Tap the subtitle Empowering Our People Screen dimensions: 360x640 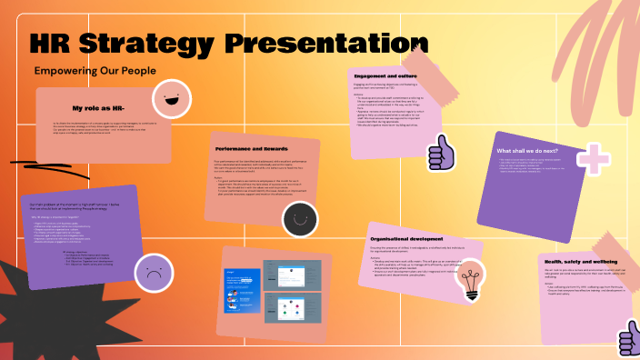pyautogui.click(x=95, y=70)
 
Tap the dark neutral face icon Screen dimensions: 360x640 pyautogui.click(x=297, y=217)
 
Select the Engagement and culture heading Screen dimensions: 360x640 pyautogui.click(x=385, y=77)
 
